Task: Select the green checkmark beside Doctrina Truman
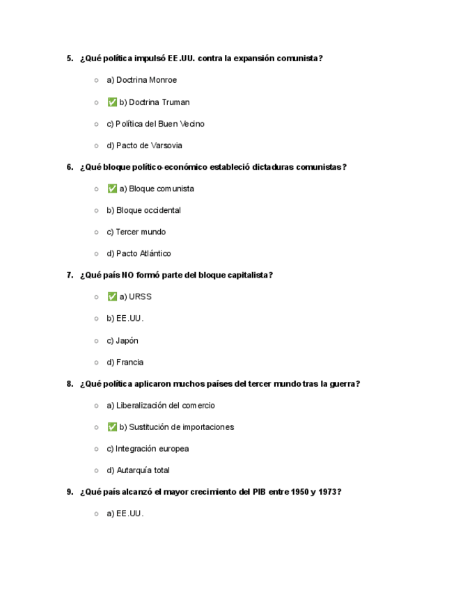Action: click(112, 102)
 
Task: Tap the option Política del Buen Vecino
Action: click(155, 124)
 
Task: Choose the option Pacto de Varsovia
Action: click(144, 145)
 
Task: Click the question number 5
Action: click(70, 58)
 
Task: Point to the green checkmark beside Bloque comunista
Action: click(112, 189)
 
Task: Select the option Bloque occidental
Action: click(143, 210)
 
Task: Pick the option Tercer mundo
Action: click(136, 232)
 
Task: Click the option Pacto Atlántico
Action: click(139, 253)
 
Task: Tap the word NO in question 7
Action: click(127, 275)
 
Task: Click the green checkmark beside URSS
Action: click(112, 296)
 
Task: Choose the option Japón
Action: click(123, 340)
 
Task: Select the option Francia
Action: click(125, 362)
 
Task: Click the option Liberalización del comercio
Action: click(161, 405)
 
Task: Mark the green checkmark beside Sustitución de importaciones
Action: click(112, 426)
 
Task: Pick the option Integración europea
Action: click(148, 449)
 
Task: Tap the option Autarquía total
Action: click(138, 470)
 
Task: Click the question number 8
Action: click(70, 383)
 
